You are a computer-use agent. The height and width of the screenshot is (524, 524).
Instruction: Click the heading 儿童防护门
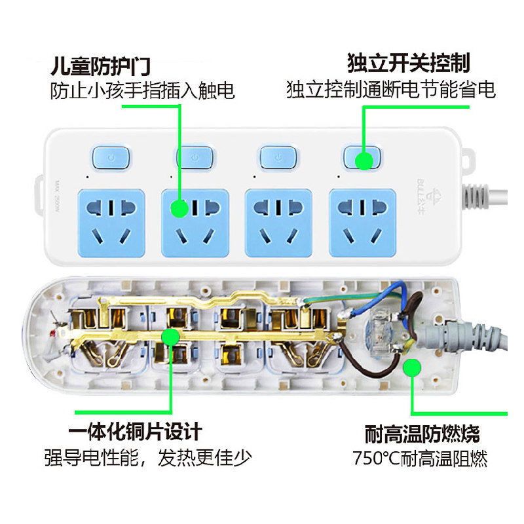click(x=102, y=66)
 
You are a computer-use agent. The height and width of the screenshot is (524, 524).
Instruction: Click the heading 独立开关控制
click(x=409, y=64)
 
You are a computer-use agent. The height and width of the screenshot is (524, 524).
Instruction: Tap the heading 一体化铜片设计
click(x=134, y=432)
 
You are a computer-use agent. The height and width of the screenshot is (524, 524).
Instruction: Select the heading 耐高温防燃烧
click(x=422, y=434)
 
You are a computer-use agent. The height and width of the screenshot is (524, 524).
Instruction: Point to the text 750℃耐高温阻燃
click(x=420, y=458)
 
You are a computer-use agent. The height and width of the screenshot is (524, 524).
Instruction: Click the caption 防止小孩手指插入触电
click(x=142, y=90)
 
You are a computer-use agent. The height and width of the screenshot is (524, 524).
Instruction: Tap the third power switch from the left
click(x=279, y=157)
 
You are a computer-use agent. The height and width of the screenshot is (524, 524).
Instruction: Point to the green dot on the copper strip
click(x=170, y=337)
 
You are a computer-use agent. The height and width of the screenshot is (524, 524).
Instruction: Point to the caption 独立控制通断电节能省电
click(x=390, y=90)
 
